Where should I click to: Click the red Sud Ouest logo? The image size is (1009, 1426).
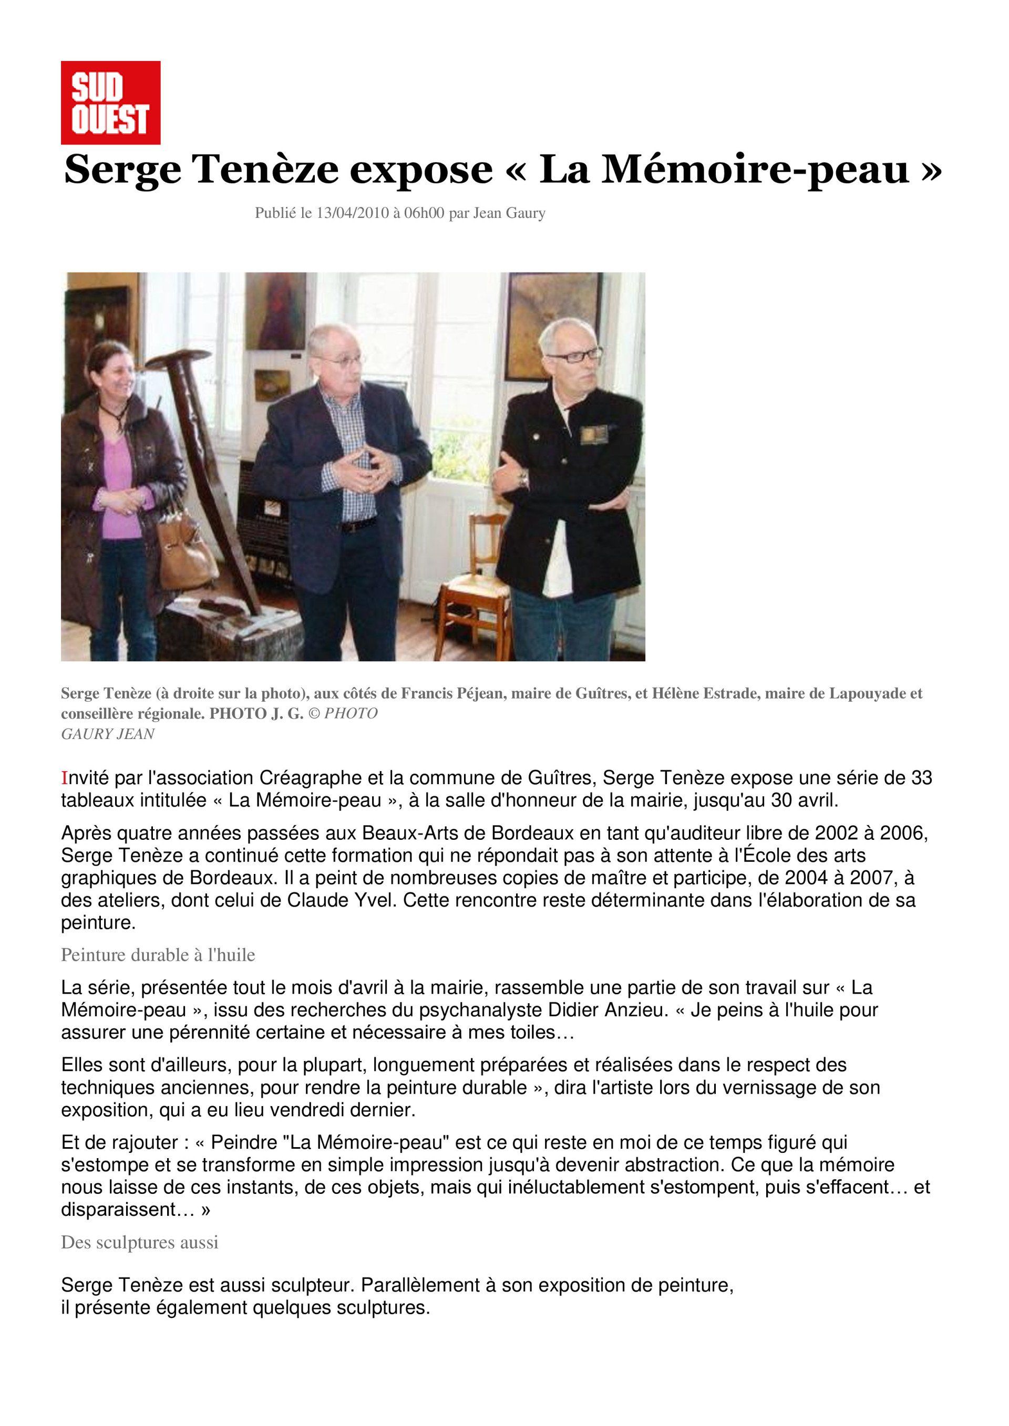pyautogui.click(x=110, y=102)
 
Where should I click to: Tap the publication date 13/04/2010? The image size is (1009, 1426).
pyautogui.click(x=352, y=213)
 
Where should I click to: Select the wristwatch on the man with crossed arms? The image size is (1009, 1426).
pyautogui.click(x=524, y=479)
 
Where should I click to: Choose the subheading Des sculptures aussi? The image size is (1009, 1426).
pyautogui.click(x=140, y=1242)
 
